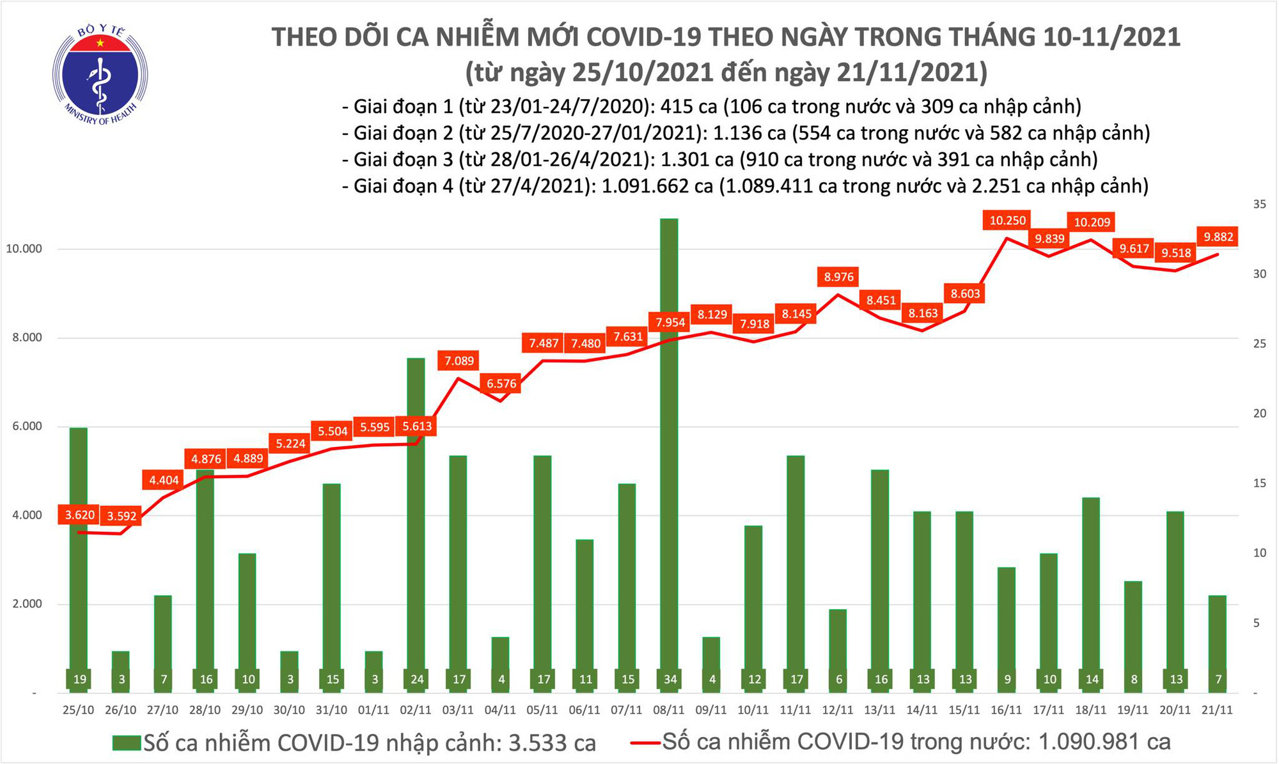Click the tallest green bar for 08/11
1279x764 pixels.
[x=669, y=448]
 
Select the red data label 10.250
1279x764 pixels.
[x=1007, y=221]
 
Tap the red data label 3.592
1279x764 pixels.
[x=122, y=516]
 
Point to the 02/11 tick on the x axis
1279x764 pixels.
[x=416, y=710]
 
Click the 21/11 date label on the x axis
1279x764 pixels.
[x=1218, y=710]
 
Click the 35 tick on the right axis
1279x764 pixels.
[x=1259, y=205]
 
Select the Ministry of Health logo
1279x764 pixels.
[x=100, y=74]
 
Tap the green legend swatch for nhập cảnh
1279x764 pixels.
[x=126, y=743]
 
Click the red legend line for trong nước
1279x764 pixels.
[x=645, y=743]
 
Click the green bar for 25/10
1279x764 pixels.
[x=79, y=556]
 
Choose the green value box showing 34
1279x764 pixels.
[x=669, y=680]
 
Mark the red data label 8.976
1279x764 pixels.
[x=838, y=277]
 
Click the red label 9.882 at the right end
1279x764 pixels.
[x=1218, y=237]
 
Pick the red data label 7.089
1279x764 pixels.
[x=459, y=361]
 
